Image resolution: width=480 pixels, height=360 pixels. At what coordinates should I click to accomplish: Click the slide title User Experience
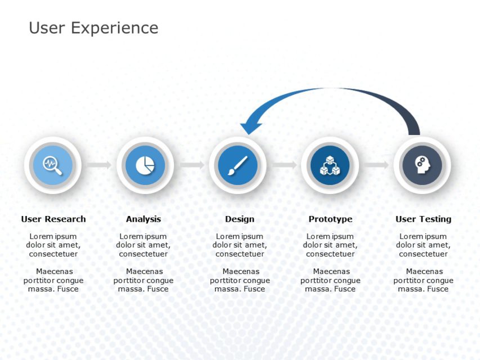(x=93, y=28)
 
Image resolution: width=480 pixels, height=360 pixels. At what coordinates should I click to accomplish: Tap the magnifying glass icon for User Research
(x=53, y=165)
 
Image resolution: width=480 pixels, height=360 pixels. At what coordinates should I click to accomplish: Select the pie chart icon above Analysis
(x=145, y=165)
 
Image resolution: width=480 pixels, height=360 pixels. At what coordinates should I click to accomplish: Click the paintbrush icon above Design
(x=237, y=165)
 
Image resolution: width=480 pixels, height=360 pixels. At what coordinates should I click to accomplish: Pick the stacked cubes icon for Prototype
(x=330, y=165)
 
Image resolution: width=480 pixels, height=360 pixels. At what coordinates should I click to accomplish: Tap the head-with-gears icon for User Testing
(x=421, y=165)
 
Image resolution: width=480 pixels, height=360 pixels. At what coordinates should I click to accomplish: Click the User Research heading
(x=53, y=219)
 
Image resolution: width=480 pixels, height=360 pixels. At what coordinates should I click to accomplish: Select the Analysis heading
(x=143, y=219)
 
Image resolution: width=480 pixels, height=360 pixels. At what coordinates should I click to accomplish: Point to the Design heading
(x=240, y=219)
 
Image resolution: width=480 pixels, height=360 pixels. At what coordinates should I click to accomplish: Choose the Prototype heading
(x=330, y=219)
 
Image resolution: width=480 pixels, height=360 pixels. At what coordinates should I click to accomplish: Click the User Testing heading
(x=423, y=219)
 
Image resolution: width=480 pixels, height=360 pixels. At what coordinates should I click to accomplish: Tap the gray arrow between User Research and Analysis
(x=99, y=165)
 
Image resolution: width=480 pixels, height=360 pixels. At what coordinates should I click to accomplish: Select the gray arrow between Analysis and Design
(x=192, y=165)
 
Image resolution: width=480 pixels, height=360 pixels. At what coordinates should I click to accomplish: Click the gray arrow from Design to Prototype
(x=284, y=165)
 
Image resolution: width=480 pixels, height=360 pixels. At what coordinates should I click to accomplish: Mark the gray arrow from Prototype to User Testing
(x=376, y=165)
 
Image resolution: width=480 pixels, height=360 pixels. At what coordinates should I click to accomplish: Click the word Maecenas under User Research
(x=54, y=272)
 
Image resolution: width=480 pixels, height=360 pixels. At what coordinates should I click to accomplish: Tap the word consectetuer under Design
(x=240, y=254)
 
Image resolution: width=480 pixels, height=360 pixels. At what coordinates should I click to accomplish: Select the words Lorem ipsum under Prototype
(x=330, y=236)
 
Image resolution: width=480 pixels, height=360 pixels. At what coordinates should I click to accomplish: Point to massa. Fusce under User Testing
(x=423, y=289)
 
